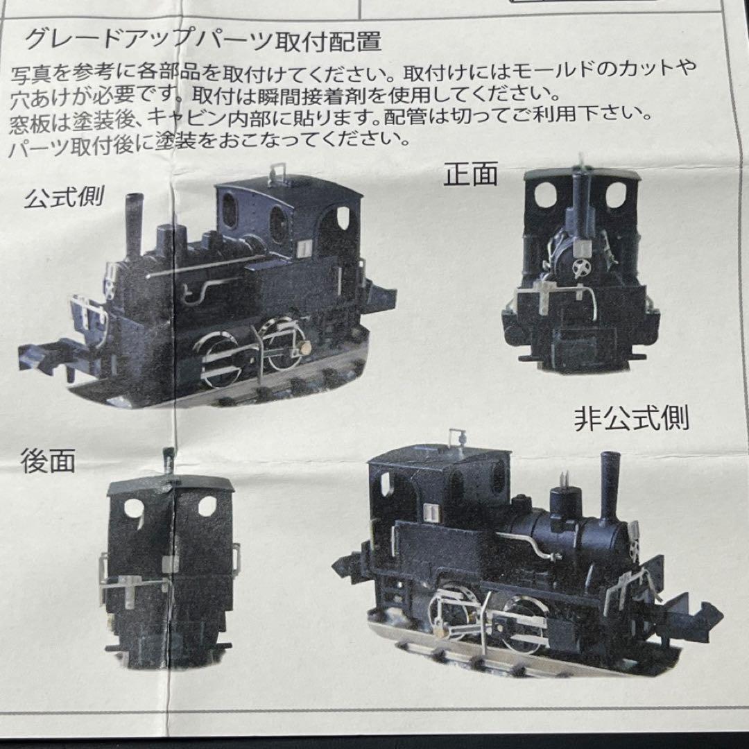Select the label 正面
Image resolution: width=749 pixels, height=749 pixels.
(471, 175)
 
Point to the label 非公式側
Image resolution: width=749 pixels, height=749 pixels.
(631, 419)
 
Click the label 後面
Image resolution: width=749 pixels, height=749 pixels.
(48, 462)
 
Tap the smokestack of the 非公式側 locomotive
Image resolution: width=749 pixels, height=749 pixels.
(610, 485)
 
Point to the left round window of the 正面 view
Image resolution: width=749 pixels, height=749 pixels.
(546, 196)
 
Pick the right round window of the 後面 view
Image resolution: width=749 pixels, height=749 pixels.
(207, 506)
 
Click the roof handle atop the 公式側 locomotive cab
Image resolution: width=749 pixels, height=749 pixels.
(279, 169)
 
